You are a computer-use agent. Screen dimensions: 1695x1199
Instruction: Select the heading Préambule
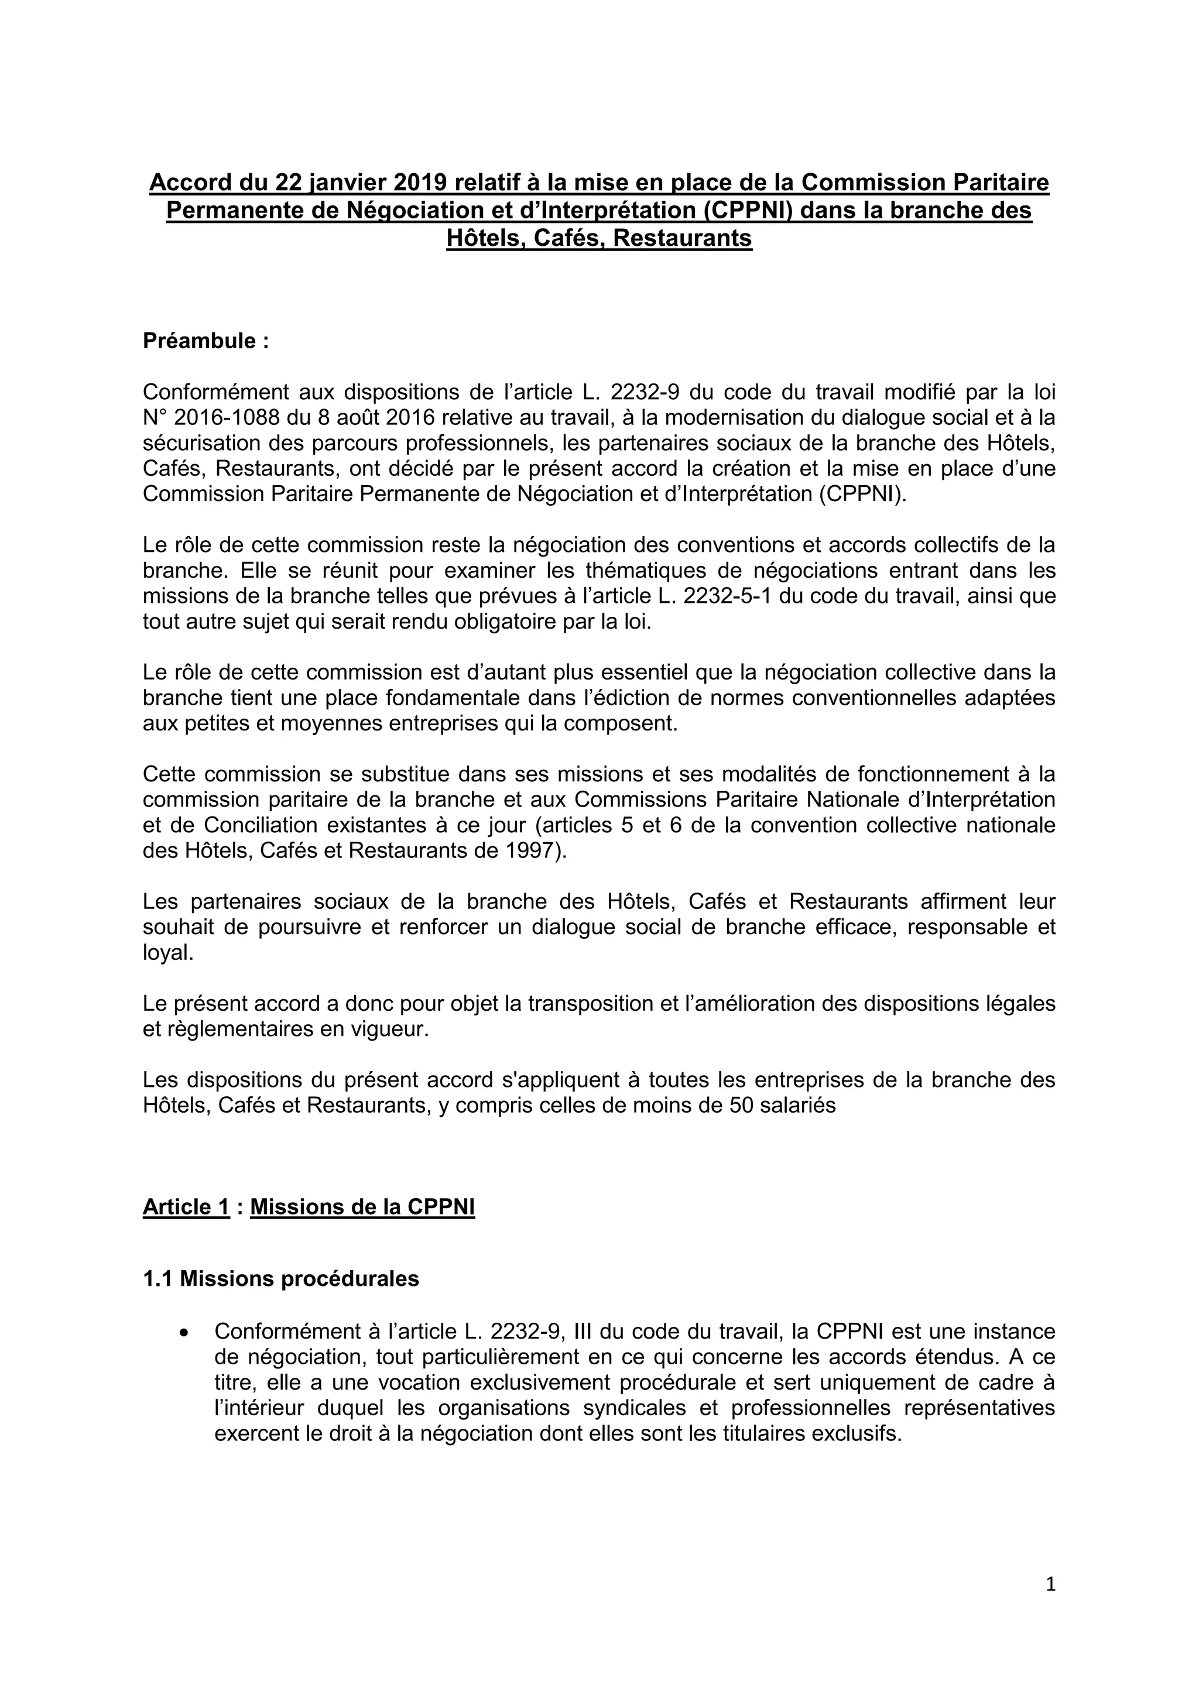pos(205,341)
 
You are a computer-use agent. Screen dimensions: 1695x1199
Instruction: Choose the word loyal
pos(167,952)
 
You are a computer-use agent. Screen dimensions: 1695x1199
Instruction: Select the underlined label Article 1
pos(186,1207)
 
